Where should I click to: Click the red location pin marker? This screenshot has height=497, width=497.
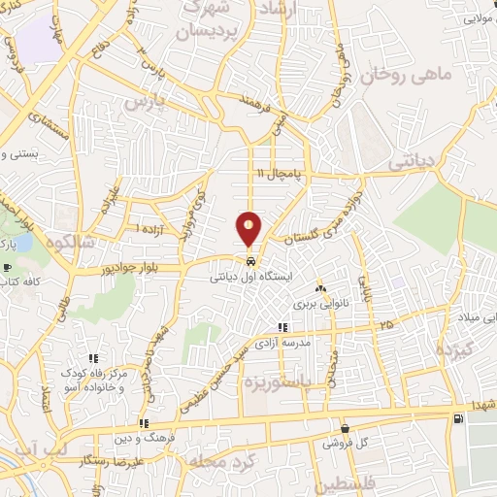(x=249, y=227)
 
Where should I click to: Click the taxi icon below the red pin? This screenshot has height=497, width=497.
(x=250, y=261)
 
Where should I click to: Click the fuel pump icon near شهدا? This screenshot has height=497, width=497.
(x=457, y=418)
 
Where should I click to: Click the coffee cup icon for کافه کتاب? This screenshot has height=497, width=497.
(x=8, y=267)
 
